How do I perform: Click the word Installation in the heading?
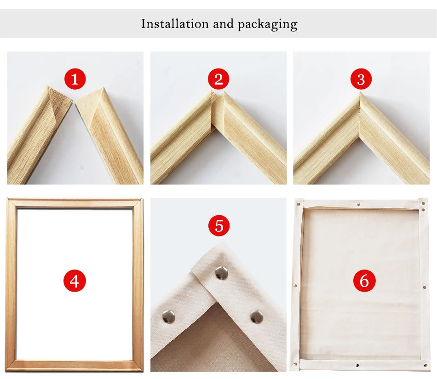(x=175, y=24)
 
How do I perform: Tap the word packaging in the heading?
(x=268, y=24)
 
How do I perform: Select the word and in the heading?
(x=223, y=24)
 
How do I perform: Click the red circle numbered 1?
(x=75, y=79)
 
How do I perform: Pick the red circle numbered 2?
(x=218, y=79)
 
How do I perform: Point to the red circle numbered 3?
(x=361, y=79)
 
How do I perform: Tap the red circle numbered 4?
(x=75, y=281)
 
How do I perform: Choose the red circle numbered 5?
(x=219, y=225)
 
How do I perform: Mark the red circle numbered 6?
(x=364, y=281)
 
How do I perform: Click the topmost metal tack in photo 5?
(x=222, y=273)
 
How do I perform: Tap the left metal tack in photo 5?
(x=169, y=317)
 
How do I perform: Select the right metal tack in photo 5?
(x=257, y=317)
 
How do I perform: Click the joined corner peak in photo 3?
(x=360, y=93)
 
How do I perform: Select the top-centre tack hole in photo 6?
(x=358, y=205)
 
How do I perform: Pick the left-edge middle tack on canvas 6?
(x=295, y=285)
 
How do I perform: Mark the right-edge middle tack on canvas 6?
(x=425, y=287)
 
